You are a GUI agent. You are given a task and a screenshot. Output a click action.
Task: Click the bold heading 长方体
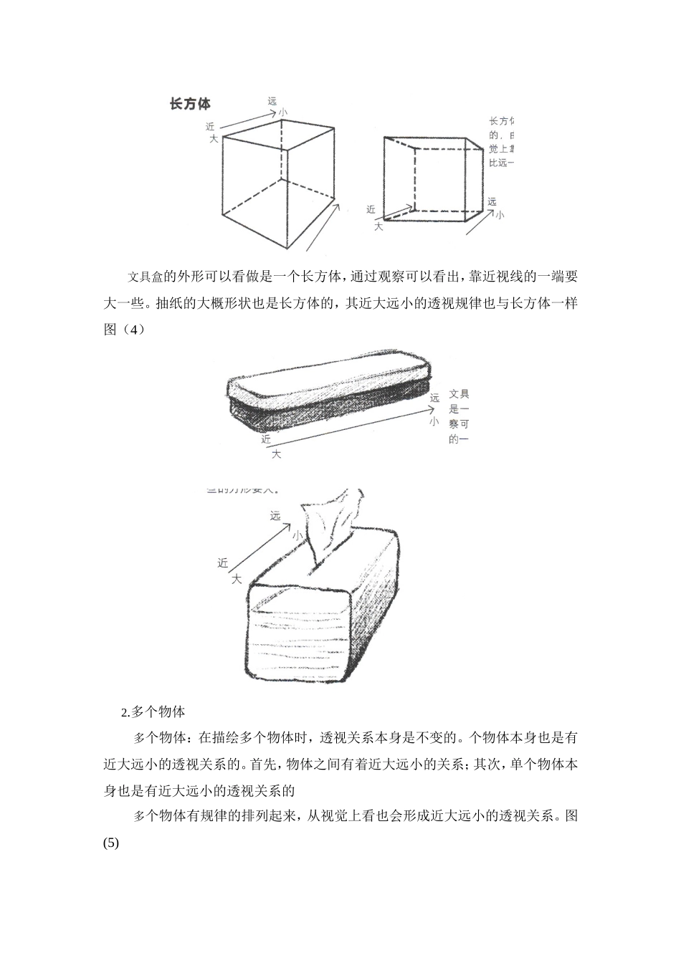point(190,105)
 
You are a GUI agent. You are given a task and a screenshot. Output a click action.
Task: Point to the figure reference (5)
point(112,843)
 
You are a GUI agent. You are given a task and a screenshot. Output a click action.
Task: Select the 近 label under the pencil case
point(266,439)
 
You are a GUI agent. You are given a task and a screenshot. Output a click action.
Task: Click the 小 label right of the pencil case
point(434,423)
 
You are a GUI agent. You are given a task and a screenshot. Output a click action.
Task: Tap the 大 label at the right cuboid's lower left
point(378,226)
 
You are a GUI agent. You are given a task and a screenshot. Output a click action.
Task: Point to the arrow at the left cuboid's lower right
point(323,226)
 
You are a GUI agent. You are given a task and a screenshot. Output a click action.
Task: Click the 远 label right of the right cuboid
point(492,202)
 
